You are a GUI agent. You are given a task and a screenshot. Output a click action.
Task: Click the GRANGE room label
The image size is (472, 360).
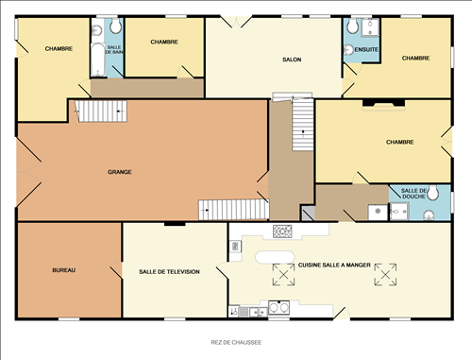click(119, 172)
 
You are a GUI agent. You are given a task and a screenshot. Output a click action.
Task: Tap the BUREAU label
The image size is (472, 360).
click(63, 271)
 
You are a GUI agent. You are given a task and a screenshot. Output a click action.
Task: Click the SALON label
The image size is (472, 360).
click(291, 60)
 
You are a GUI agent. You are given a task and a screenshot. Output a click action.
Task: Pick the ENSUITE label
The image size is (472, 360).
click(366, 49)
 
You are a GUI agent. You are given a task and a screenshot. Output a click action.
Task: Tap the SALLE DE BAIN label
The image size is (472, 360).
click(114, 49)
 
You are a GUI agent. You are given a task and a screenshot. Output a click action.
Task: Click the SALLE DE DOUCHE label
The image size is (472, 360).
click(413, 194)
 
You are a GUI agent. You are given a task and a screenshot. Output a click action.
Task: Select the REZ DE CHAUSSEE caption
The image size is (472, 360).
click(236, 342)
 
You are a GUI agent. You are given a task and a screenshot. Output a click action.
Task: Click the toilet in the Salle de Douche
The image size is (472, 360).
click(430, 214)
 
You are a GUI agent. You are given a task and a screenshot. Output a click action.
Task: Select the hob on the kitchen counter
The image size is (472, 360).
click(282, 231)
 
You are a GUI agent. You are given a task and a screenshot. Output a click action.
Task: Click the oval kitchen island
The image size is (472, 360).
click(275, 256)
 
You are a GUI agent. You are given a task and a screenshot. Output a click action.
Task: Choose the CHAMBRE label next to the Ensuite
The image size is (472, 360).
click(415, 59)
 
